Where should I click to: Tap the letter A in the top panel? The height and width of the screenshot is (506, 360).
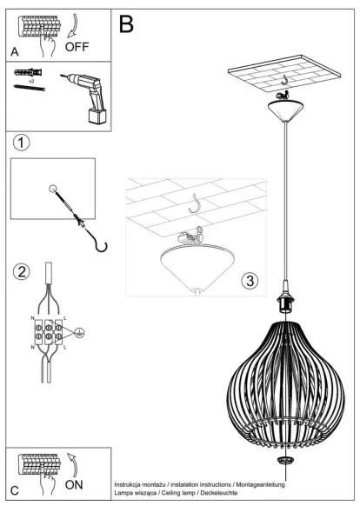pyautogui.click(x=15, y=53)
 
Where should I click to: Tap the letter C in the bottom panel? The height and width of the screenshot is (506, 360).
pyautogui.click(x=16, y=489)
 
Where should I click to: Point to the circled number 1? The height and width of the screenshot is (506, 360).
pyautogui.click(x=23, y=142)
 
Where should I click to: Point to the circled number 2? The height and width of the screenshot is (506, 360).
pyautogui.click(x=23, y=272)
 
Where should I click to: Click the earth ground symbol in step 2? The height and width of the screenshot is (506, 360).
pyautogui.click(x=79, y=330)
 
